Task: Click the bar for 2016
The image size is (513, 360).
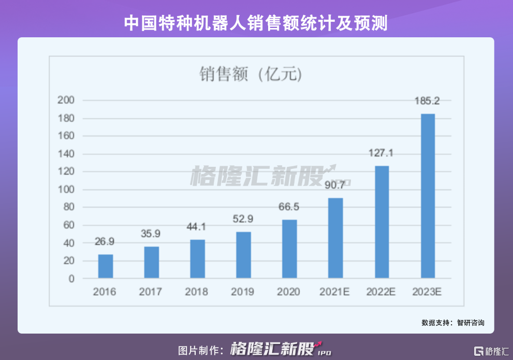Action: tap(106, 266)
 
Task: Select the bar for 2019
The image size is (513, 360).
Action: tap(243, 255)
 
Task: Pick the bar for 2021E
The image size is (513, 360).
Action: tap(335, 238)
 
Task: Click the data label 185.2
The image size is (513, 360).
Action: tap(427, 101)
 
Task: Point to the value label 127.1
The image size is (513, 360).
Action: tap(382, 153)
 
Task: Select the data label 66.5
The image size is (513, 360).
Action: tap(289, 207)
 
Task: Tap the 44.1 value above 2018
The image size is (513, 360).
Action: tap(197, 227)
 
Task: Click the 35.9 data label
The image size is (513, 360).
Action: tap(151, 234)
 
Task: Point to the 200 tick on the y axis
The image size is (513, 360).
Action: tap(68, 100)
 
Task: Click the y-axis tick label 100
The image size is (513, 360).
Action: tap(68, 190)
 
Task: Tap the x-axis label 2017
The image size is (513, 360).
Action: tap(151, 292)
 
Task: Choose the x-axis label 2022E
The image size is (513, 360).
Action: tap(381, 292)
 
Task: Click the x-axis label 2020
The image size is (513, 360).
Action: tap(289, 292)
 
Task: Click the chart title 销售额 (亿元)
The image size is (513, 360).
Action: tap(251, 75)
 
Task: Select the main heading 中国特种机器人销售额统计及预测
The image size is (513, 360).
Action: tap(256, 23)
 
